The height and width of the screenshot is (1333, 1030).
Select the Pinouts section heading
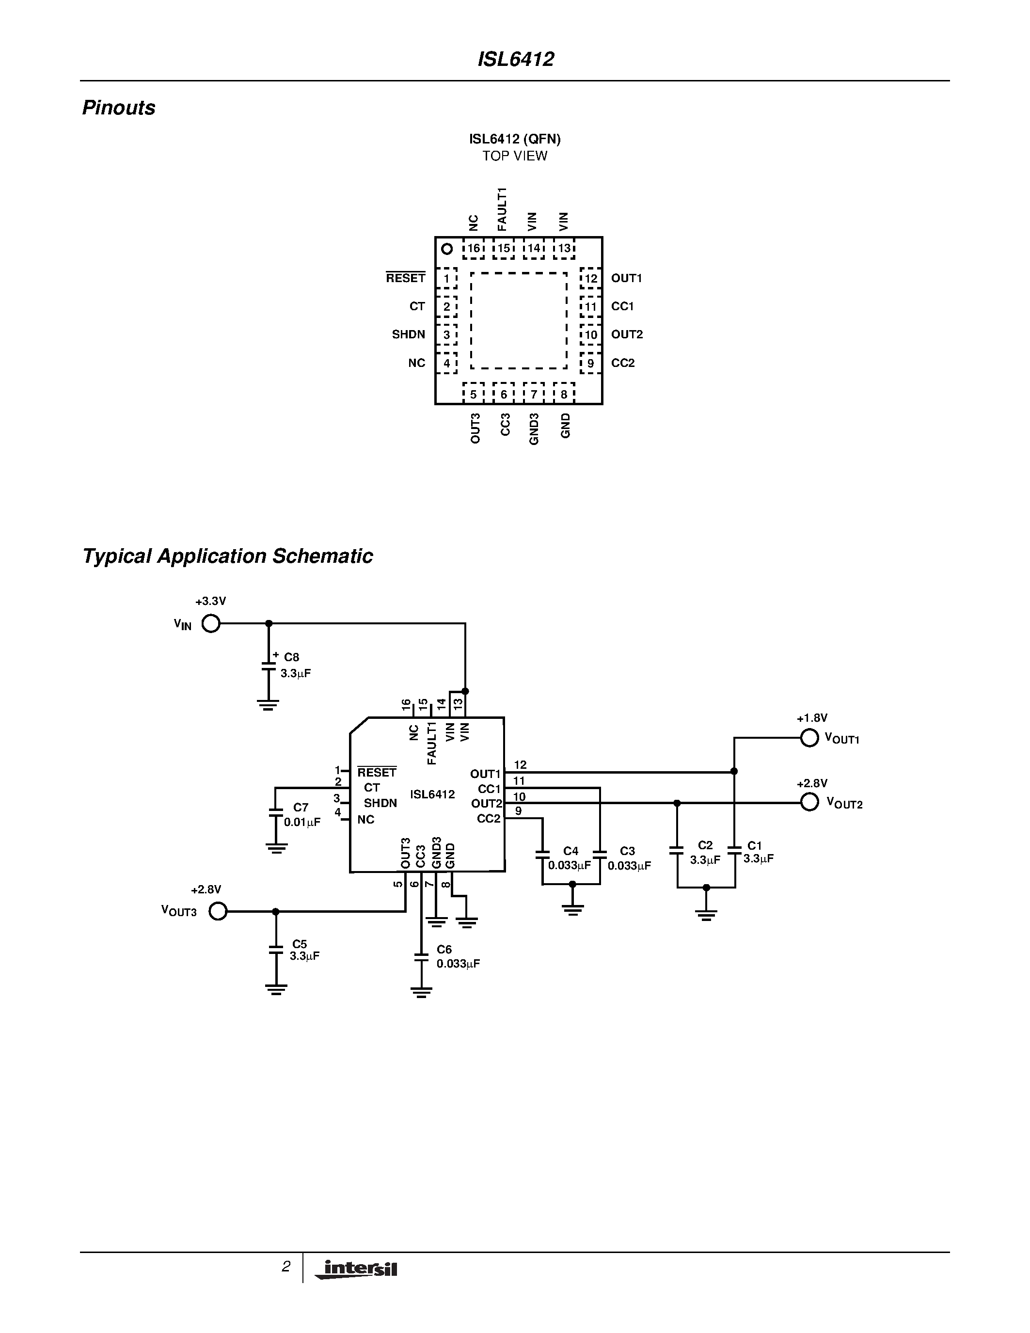pyautogui.click(x=118, y=108)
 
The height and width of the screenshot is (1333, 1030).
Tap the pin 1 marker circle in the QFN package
pyautogui.click(x=447, y=249)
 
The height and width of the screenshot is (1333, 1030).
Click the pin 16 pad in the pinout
pyautogui.click(x=474, y=248)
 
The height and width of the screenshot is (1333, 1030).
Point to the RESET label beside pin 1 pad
pyautogui.click(x=405, y=278)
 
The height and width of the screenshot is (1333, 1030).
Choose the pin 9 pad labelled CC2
pyautogui.click(x=590, y=363)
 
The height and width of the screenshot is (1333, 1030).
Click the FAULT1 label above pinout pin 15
pyautogui.click(x=502, y=209)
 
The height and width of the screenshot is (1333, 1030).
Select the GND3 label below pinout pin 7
pyautogui.click(x=534, y=429)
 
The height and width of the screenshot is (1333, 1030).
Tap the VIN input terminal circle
pyautogui.click(x=210, y=624)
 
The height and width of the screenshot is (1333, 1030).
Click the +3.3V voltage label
pyautogui.click(x=210, y=601)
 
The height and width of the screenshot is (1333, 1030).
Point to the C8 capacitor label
pyautogui.click(x=292, y=657)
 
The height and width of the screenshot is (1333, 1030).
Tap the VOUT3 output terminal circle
pyautogui.click(x=218, y=911)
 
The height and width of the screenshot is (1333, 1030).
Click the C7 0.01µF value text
pyautogui.click(x=302, y=822)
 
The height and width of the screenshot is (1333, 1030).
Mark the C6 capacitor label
pyautogui.click(x=444, y=950)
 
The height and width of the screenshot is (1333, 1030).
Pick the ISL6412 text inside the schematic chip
pyautogui.click(x=432, y=794)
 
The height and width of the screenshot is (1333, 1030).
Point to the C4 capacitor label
pyautogui.click(x=570, y=851)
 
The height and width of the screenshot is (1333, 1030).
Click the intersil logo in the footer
pyautogui.click(x=357, y=1270)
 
